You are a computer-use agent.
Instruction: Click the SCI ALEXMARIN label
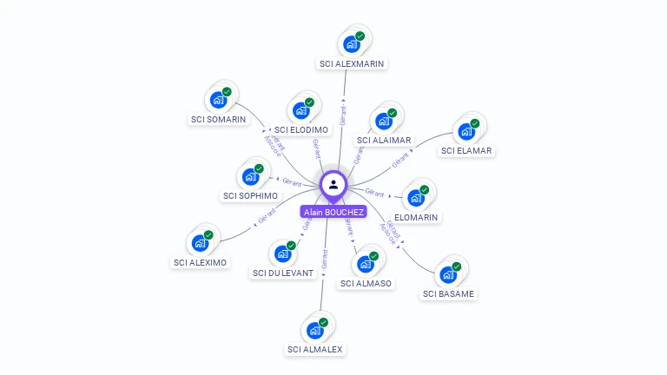pos(352,63)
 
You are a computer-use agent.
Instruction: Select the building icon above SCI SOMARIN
pos(218,100)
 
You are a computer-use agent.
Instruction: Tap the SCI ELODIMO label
pos(300,129)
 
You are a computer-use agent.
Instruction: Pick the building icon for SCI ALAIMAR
pos(383,121)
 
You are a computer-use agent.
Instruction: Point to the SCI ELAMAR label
pos(466,150)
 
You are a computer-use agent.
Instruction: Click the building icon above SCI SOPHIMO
pos(250,176)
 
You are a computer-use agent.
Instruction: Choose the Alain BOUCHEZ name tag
pos(333,211)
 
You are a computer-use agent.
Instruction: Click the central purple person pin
pos(333,184)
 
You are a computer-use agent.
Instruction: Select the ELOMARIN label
pos(416,217)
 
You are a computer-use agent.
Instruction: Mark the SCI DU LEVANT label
pos(283,273)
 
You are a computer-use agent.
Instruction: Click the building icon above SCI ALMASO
pos(366,264)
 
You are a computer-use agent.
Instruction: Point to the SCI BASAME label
pos(449,293)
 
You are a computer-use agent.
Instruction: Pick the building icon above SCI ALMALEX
pos(314,331)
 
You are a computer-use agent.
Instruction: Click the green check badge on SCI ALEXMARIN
pos(360,36)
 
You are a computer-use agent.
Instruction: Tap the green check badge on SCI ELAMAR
pos(475,123)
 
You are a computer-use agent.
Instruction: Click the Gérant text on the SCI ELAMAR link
pos(400,160)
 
